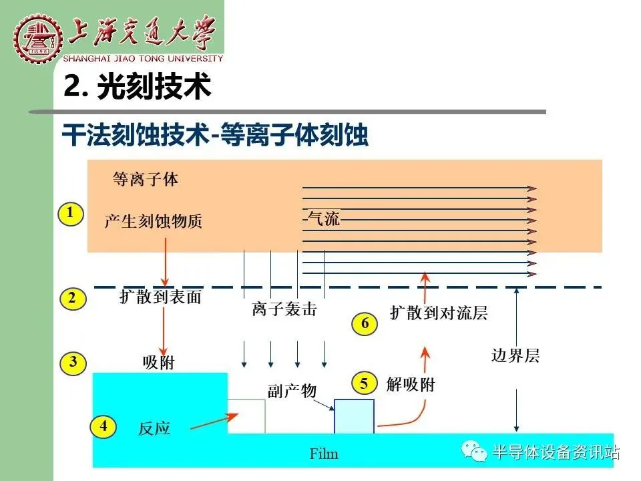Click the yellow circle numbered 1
pyautogui.click(x=71, y=214)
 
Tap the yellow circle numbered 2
pyautogui.click(x=73, y=299)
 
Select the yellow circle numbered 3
pyautogui.click(x=73, y=363)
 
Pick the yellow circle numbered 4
pyautogui.click(x=103, y=427)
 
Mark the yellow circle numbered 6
pyautogui.click(x=365, y=323)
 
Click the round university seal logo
pyautogui.click(x=37, y=38)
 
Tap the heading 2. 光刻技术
pyautogui.click(x=138, y=86)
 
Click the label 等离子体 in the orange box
pyautogui.click(x=146, y=180)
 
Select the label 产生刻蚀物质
pyautogui.click(x=154, y=221)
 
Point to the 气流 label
pyautogui.click(x=324, y=218)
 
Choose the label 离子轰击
pyautogui.click(x=284, y=309)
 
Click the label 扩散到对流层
pyautogui.click(x=439, y=313)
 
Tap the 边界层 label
pyautogui.click(x=515, y=355)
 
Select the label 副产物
pyautogui.click(x=292, y=391)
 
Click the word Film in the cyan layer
pyautogui.click(x=324, y=454)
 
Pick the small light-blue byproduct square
pyautogui.click(x=354, y=416)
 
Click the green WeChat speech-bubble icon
pyautogui.click(x=474, y=451)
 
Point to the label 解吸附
pyautogui.click(x=411, y=385)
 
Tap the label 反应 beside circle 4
pyautogui.click(x=154, y=429)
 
